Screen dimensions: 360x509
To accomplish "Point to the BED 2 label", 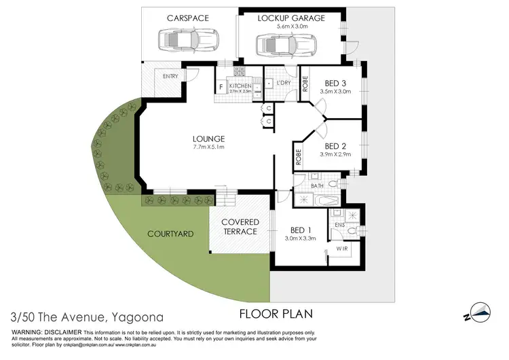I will click(x=336, y=146).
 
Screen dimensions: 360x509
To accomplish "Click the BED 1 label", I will click(x=300, y=230).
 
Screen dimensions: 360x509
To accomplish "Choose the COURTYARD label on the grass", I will click(x=171, y=234).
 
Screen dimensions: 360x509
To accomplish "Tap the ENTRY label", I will click(x=170, y=76).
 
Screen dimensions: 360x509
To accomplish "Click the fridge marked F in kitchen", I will click(x=221, y=87).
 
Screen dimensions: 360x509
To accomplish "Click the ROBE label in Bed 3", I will click(x=305, y=84).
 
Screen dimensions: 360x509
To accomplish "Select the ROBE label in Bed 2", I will click(x=298, y=158).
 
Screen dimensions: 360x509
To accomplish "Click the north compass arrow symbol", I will click(x=482, y=311).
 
